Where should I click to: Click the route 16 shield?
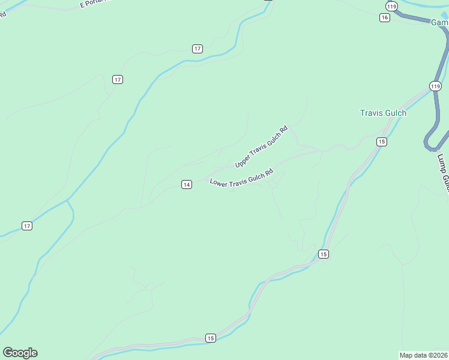click(x=385, y=17)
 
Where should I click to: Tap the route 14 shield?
click(x=187, y=185)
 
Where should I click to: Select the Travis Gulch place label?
click(x=383, y=113)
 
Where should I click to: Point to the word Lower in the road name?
click(x=219, y=182)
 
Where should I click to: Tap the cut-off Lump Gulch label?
click(x=443, y=173)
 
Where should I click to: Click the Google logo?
click(x=20, y=353)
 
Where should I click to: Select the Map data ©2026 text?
click(x=424, y=355)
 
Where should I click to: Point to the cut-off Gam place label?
click(x=439, y=22)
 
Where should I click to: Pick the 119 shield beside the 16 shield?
click(x=392, y=6)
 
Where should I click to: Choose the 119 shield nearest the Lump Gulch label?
click(x=436, y=86)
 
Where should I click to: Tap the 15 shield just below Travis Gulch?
click(x=381, y=142)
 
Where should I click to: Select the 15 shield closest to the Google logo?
click(x=210, y=338)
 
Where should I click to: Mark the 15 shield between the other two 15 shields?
click(x=324, y=254)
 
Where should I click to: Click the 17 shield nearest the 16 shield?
click(x=197, y=49)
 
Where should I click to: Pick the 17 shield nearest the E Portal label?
click(x=118, y=79)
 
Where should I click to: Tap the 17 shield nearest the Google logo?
click(x=27, y=226)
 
